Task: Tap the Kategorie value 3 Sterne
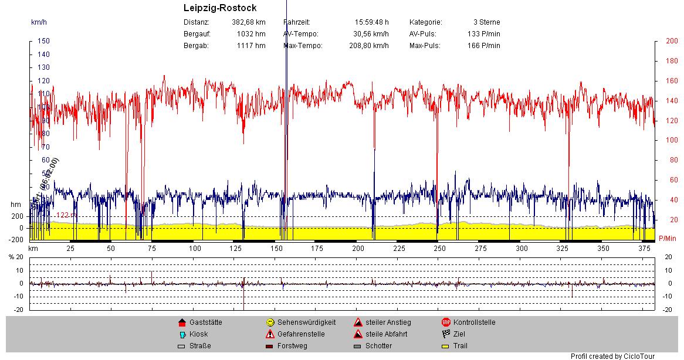486,22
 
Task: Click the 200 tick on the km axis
358,249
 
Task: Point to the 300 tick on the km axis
522,249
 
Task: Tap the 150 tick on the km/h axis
43,41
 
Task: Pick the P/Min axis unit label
668,239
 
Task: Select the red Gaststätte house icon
182,322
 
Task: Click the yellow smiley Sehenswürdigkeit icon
270,322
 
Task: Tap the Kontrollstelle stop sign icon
446,322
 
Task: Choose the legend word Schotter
378,346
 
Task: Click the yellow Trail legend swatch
446,346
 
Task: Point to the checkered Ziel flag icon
446,334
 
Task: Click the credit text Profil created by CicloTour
612,356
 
